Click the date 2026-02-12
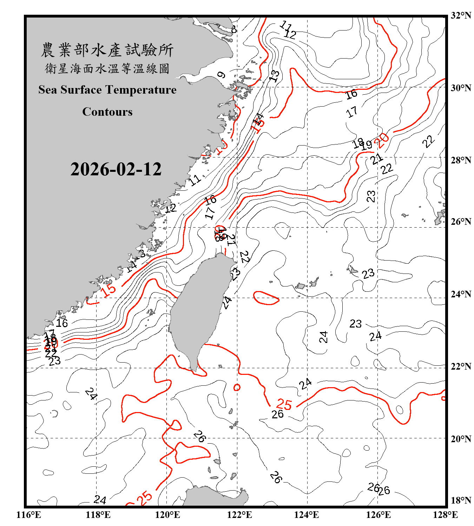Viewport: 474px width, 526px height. [x=116, y=169]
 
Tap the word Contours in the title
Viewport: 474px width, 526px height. [x=107, y=112]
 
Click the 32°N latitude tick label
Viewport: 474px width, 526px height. [x=461, y=15]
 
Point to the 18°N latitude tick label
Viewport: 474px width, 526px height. [x=461, y=500]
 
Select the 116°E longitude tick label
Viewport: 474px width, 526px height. [x=29, y=515]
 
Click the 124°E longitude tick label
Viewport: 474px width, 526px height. [x=307, y=515]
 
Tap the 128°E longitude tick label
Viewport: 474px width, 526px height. [x=445, y=515]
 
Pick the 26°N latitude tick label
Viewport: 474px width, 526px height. [x=461, y=222]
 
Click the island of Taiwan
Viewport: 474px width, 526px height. [x=197, y=309]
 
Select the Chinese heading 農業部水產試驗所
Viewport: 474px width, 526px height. [x=107, y=50]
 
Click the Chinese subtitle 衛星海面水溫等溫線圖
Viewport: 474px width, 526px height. [x=107, y=69]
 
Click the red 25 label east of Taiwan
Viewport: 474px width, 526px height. [x=284, y=404]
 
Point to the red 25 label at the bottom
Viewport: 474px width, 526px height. [x=144, y=498]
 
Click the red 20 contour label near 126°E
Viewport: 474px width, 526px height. [x=382, y=140]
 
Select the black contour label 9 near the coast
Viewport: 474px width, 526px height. [x=221, y=75]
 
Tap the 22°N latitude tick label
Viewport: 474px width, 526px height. [x=461, y=366]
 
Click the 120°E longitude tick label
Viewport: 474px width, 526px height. [x=167, y=515]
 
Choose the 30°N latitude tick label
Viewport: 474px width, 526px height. [x=461, y=88]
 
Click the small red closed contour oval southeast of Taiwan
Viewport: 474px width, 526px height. [x=237, y=387]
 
